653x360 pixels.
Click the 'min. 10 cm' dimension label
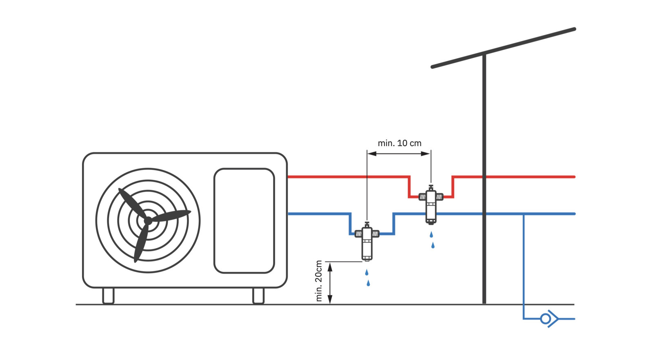[x=399, y=143]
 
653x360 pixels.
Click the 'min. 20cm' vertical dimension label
[x=319, y=281]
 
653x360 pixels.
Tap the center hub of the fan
[x=148, y=220]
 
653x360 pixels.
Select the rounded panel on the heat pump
[x=244, y=220]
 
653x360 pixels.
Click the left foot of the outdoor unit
[x=108, y=296]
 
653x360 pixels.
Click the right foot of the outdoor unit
[x=258, y=296]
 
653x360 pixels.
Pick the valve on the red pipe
[x=431, y=204]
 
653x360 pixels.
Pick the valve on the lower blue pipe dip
[x=367, y=241]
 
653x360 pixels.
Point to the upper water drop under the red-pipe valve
[x=431, y=235]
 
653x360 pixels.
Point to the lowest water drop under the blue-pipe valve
[x=368, y=283]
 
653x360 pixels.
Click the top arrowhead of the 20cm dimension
[x=330, y=267]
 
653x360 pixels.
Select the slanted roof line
[x=503, y=48]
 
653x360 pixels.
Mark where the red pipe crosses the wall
[x=484, y=177]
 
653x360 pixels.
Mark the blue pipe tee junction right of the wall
[x=524, y=213]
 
